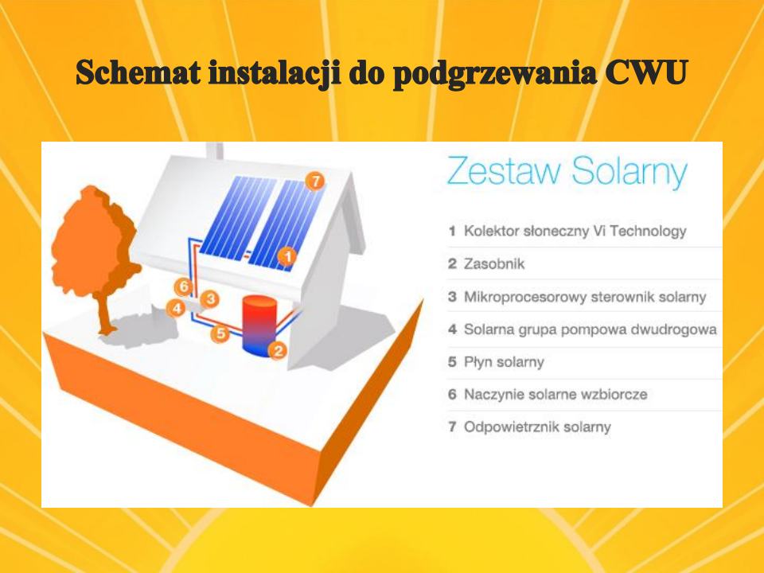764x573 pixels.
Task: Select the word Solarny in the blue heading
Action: [x=630, y=173]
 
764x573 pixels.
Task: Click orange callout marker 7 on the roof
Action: [x=315, y=181]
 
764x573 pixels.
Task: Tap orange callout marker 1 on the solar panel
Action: [x=287, y=256]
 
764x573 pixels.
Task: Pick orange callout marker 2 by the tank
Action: [x=279, y=350]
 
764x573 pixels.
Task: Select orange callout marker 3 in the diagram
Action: [x=210, y=298]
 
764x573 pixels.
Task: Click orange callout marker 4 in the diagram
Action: [x=176, y=308]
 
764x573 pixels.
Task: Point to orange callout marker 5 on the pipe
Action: [x=220, y=333]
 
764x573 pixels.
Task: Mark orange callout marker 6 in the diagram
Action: [x=184, y=286]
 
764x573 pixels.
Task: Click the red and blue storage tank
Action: [x=259, y=325]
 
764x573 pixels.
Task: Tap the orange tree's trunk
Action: [x=103, y=312]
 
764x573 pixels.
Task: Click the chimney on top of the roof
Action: [x=214, y=150]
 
